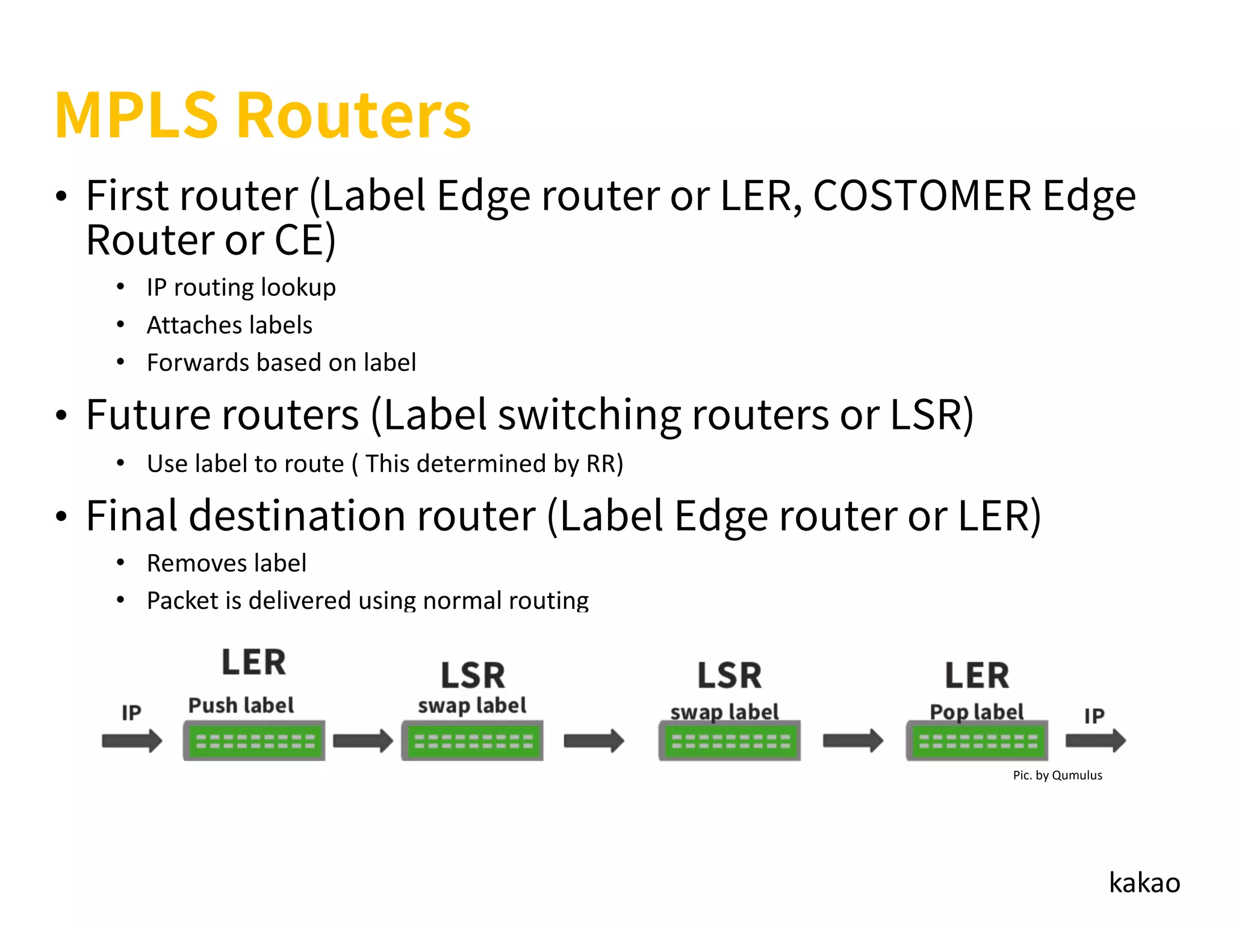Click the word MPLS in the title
tap(136, 116)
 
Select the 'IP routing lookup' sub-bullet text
tap(241, 288)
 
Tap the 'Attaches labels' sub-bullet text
tap(229, 325)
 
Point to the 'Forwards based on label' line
tap(281, 363)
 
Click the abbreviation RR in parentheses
tap(600, 464)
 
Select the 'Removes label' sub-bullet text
tap(226, 564)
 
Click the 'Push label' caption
tap(241, 705)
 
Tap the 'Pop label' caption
tap(976, 712)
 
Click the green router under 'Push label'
tap(254, 741)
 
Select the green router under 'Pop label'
tap(977, 741)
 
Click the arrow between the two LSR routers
tap(594, 741)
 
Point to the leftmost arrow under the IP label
tap(132, 741)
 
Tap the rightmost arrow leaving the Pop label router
tap(1095, 741)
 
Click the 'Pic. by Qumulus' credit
tap(1057, 776)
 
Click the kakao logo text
tap(1144, 883)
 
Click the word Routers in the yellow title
tap(353, 116)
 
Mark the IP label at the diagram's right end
tap(1094, 715)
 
